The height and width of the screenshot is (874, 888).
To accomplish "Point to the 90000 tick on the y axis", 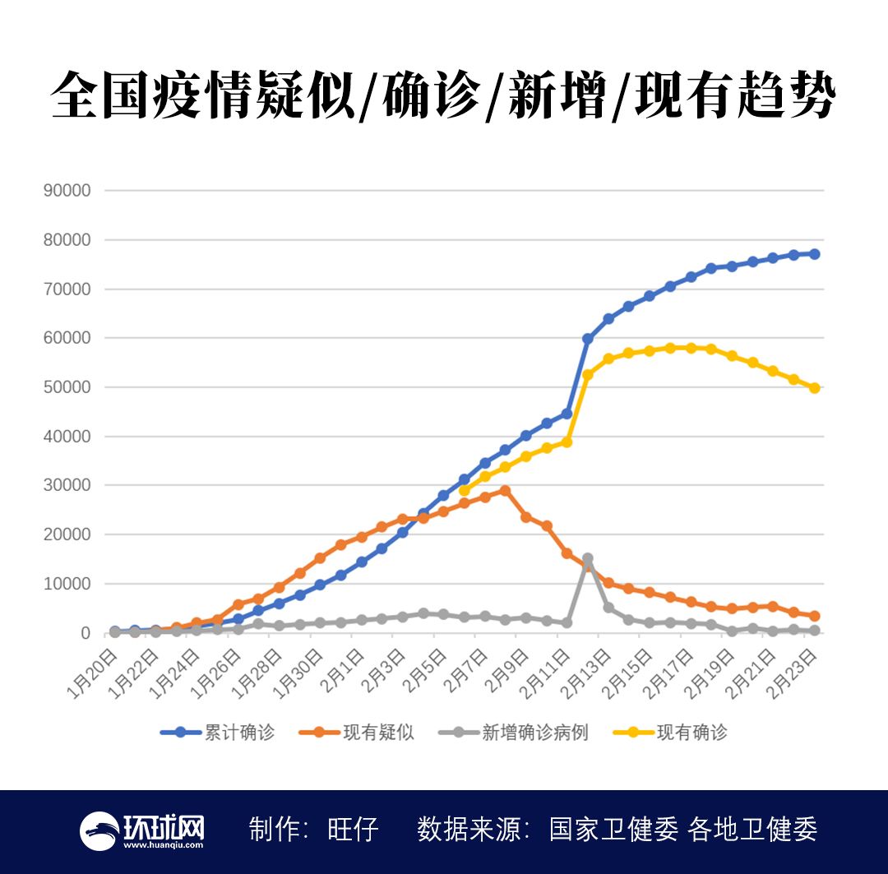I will pos(67,191).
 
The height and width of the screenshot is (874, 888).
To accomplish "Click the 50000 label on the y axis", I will pos(67,387).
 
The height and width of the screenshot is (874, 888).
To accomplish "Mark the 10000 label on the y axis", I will pos(67,584).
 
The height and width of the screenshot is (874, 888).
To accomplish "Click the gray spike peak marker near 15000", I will pos(588,559).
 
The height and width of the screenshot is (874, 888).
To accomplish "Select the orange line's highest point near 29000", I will pos(505,491).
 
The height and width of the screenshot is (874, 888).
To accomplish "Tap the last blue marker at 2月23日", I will pos(814,254).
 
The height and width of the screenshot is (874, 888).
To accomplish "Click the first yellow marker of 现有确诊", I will pos(465,491).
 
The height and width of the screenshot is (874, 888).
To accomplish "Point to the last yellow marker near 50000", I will pos(814,388).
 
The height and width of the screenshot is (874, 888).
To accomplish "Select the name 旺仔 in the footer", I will pos(354,830).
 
